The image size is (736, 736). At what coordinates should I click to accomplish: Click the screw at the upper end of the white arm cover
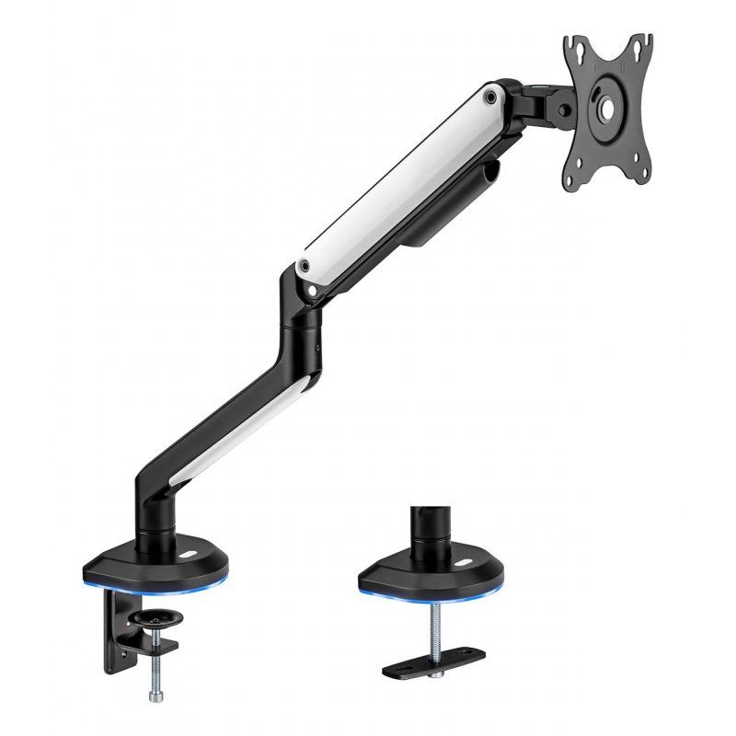493,95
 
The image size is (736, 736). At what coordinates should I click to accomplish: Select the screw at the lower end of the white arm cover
316,288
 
